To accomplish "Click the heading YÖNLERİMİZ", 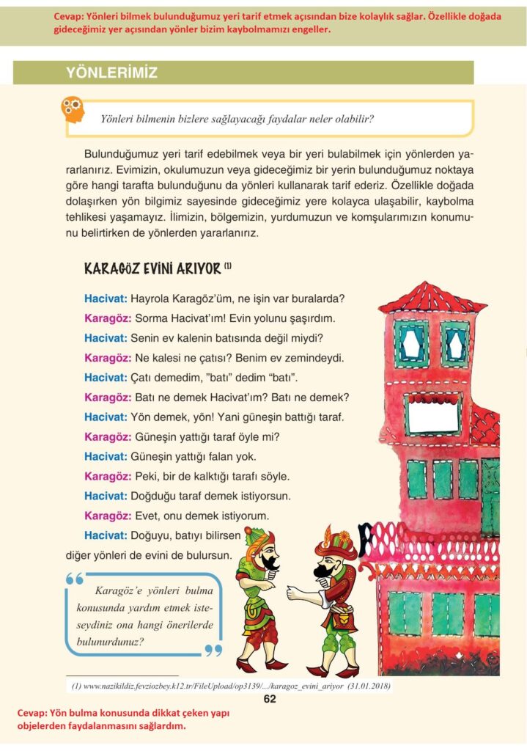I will [x=111, y=73].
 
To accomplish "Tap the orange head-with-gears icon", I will [x=73, y=111].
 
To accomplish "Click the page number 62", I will [x=270, y=698].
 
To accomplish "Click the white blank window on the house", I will [x=432, y=416].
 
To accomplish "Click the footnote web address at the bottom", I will [x=231, y=686].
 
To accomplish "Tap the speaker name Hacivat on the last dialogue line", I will [x=106, y=535].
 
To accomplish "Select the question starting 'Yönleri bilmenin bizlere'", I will [x=243, y=119].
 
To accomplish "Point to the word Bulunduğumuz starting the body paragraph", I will [x=122, y=155].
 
